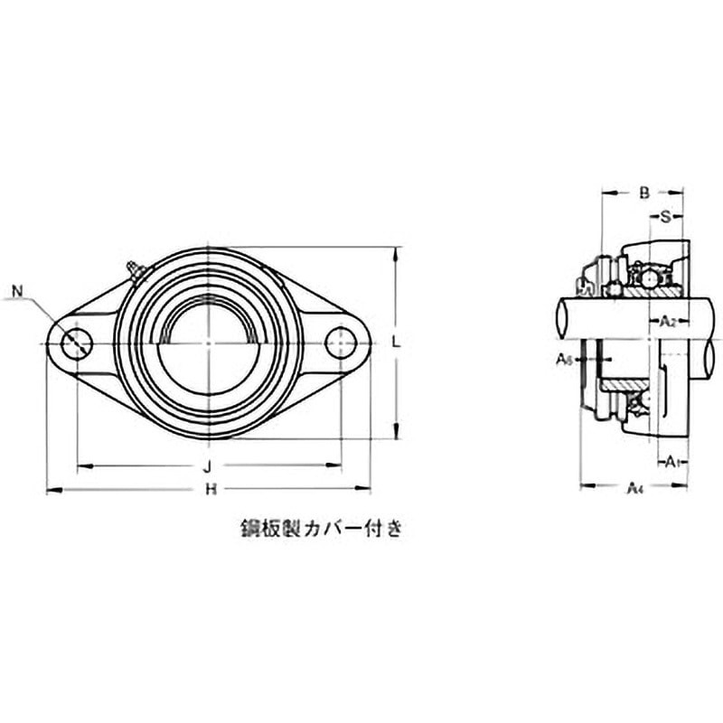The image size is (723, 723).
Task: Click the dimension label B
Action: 643,192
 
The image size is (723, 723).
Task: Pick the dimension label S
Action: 665,216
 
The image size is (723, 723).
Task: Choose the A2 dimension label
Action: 666,321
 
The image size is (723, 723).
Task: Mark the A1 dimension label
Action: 670,464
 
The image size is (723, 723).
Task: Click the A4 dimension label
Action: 634,487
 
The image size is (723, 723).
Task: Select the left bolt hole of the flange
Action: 77,343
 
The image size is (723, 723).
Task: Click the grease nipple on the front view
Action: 135,269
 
